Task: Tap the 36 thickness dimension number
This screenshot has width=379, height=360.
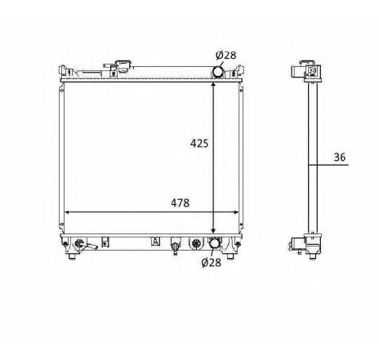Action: [340, 157]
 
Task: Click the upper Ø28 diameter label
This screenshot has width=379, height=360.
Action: [226, 55]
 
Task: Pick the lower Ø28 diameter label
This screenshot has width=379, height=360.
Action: [212, 262]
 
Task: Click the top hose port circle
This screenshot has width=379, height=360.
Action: [218, 72]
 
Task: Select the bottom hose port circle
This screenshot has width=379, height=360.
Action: [215, 243]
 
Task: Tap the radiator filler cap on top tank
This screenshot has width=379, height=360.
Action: [123, 64]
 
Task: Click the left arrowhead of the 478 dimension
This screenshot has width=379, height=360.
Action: [66, 211]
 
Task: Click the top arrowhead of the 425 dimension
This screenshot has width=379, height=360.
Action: [214, 83]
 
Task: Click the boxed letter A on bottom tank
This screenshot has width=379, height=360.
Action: [154, 241]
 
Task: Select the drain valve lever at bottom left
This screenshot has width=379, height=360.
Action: [95, 246]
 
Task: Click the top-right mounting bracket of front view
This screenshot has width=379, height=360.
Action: [240, 71]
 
